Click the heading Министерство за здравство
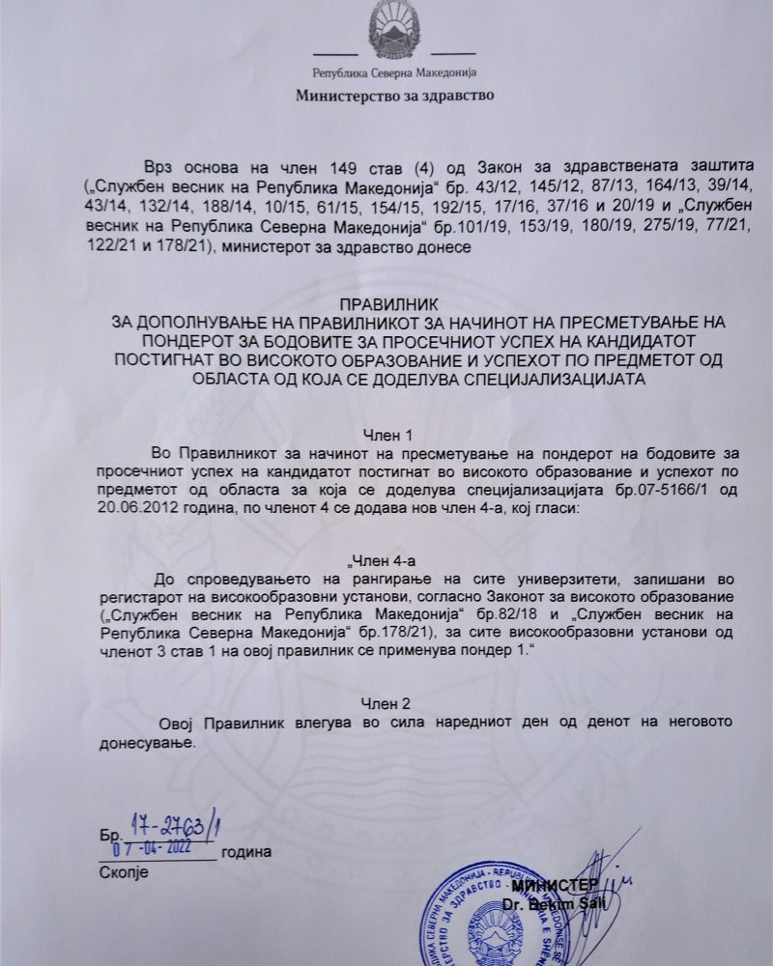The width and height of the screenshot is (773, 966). click(x=394, y=96)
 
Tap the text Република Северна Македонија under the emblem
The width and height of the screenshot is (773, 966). click(x=394, y=72)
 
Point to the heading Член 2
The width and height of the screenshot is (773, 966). click(x=386, y=702)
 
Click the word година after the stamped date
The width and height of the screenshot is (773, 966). click(x=246, y=852)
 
